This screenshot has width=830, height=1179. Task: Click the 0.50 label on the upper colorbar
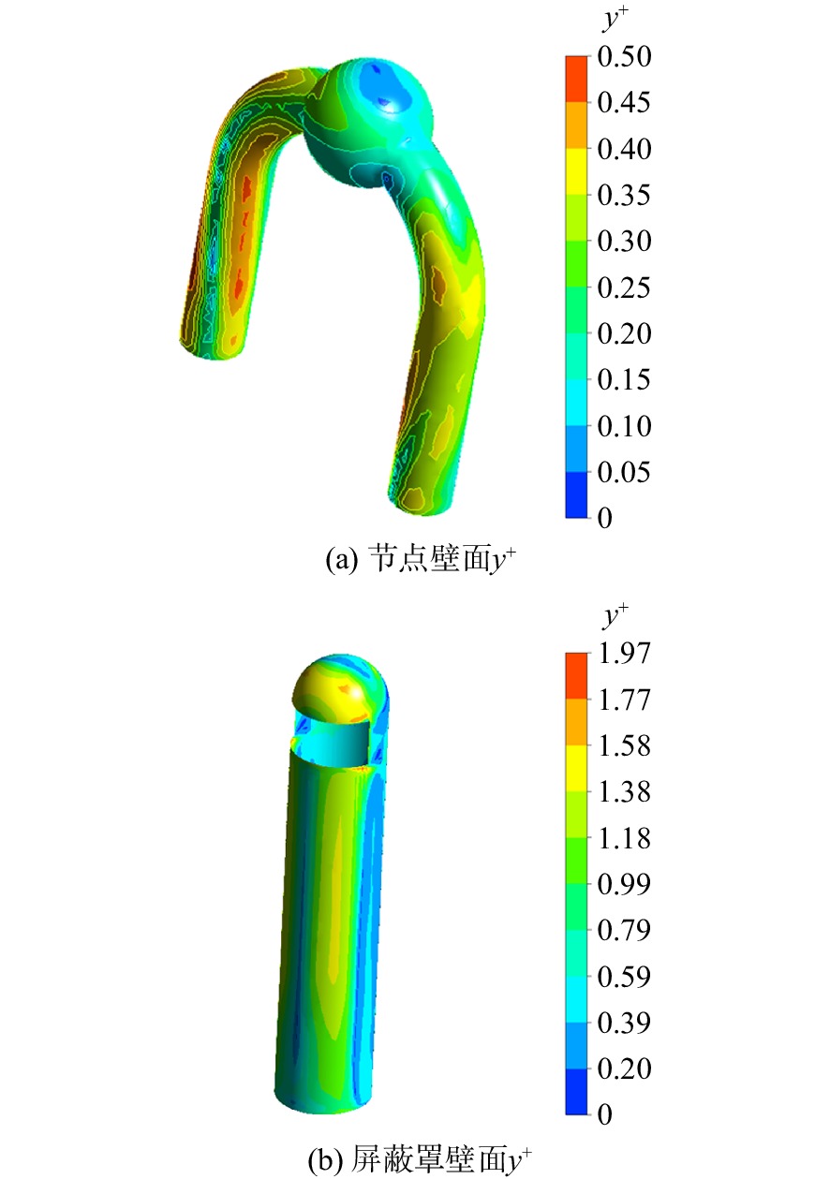(624, 56)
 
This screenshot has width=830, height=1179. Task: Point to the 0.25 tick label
(624, 287)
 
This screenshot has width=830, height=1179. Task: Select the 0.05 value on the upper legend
(624, 472)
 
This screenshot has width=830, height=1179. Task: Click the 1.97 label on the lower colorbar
(624, 654)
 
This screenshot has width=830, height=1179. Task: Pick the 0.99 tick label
(624, 884)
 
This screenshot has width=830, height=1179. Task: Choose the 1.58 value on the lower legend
(624, 745)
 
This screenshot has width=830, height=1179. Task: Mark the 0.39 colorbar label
(624, 1023)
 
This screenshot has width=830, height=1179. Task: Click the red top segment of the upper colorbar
(576, 79)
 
